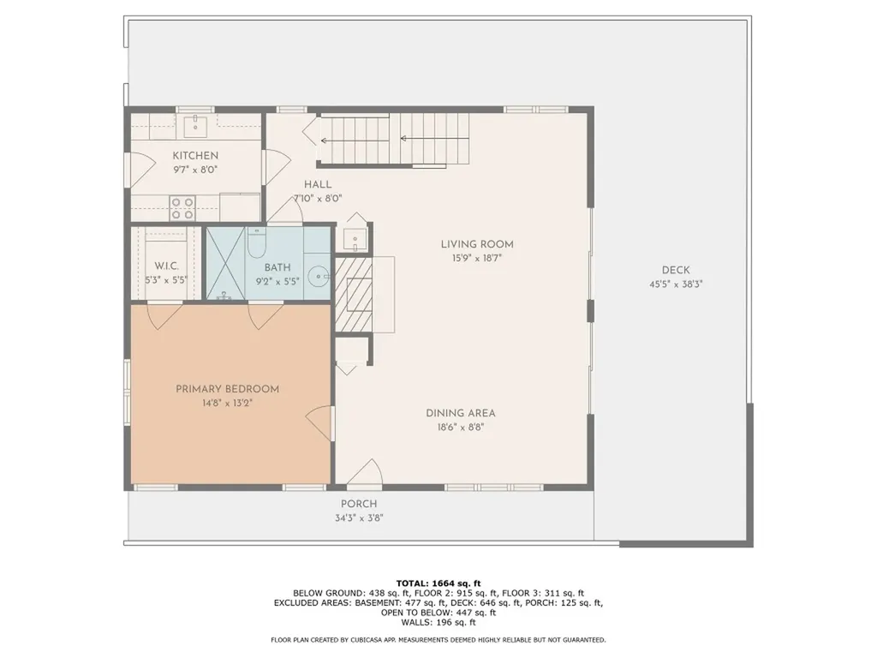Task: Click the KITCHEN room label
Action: (x=195, y=156)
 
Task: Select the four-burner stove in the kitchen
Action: (x=182, y=208)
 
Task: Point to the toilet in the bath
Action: (x=256, y=244)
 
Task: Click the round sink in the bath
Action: (x=318, y=277)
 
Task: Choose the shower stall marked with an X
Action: (x=226, y=262)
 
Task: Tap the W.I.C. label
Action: (x=166, y=267)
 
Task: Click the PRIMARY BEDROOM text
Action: (x=227, y=389)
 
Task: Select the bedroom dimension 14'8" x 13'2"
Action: (x=227, y=402)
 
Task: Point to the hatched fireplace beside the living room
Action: (x=353, y=293)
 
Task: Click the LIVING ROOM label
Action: (x=477, y=244)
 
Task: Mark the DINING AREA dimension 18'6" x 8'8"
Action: (x=461, y=426)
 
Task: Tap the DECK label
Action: (x=675, y=270)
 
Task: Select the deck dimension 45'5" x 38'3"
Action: (x=675, y=284)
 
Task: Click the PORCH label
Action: (x=359, y=504)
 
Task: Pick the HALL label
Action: (x=318, y=184)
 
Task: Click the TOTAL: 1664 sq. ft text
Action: (x=438, y=583)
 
